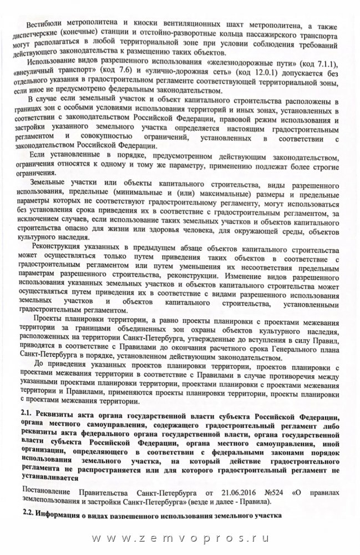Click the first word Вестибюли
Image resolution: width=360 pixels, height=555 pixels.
(42, 25)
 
